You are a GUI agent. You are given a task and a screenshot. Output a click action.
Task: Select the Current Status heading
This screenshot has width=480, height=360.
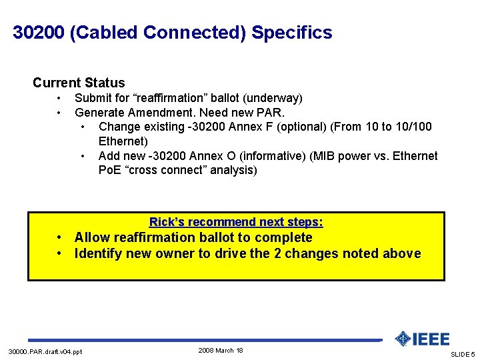tap(79, 83)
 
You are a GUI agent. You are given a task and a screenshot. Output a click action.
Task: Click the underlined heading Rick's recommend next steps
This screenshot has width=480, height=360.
tap(236, 222)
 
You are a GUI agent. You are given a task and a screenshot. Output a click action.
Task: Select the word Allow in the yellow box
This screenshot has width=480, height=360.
tap(92, 237)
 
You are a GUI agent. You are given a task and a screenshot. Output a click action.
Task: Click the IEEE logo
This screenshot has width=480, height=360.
tap(422, 339)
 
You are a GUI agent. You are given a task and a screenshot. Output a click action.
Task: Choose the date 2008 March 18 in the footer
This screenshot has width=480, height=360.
tap(221, 350)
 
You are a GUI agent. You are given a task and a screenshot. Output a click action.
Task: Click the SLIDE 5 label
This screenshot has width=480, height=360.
tap(463, 354)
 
